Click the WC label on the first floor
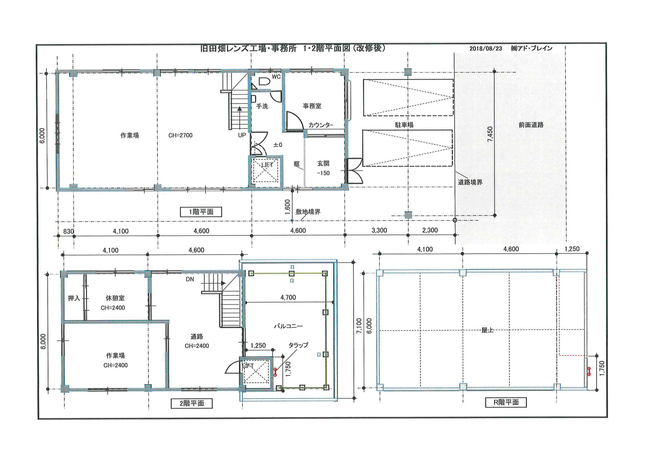[x=276, y=77]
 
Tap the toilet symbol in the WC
[x=264, y=81]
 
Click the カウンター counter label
[x=321, y=125]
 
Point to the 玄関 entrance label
[x=323, y=164]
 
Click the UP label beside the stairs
[x=242, y=135]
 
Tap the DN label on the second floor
[x=190, y=279]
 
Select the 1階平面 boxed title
[x=201, y=212]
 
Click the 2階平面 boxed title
[x=192, y=403]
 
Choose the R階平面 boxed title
[x=506, y=402]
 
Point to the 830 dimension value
[x=69, y=231]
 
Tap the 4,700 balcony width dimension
[x=288, y=297]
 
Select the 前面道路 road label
[x=531, y=125]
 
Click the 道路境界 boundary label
[x=470, y=182]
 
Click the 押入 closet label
[x=74, y=298]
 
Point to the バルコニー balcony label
[x=288, y=326]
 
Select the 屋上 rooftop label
[x=487, y=330]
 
